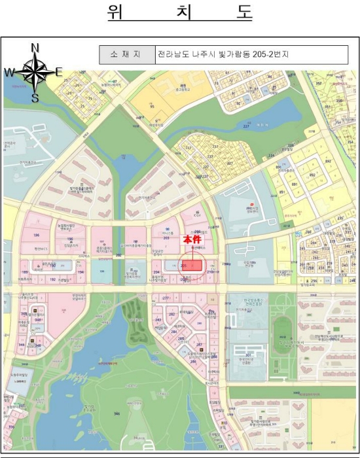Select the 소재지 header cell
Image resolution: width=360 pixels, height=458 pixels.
click(126, 54)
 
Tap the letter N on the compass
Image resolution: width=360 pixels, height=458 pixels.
click(35, 47)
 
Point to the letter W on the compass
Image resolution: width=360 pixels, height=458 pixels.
click(9, 73)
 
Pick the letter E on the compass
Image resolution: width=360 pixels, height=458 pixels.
click(59, 72)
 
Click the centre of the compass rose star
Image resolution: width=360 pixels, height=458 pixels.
click(35, 73)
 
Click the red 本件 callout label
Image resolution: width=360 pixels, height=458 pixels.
click(192, 240)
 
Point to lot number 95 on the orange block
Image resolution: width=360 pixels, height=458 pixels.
click(152, 105)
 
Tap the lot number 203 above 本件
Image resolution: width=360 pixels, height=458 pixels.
click(167, 238)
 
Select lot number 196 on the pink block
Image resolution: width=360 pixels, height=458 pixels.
click(37, 235)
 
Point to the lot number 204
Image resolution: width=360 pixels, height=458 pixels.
click(156, 271)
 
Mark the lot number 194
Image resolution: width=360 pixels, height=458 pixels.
click(81, 271)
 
